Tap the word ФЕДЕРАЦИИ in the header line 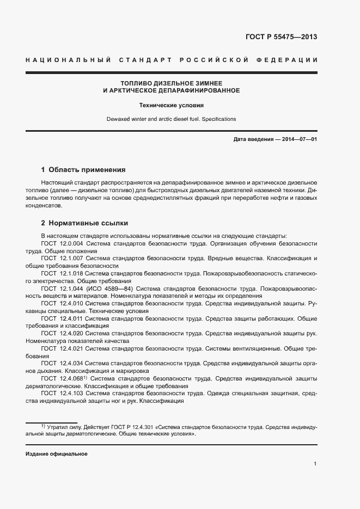pyautogui.click(x=291, y=59)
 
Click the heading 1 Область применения pyautogui.click(x=83, y=169)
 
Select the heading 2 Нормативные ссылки pyautogui.click(x=84, y=223)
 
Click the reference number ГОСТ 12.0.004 pyautogui.click(x=62, y=243)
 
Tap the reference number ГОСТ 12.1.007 pyautogui.click(x=62, y=258)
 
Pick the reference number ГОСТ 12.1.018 pyautogui.click(x=62, y=273)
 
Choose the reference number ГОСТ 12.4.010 pyautogui.click(x=62, y=303)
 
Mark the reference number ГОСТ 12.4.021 pyautogui.click(x=62, y=348)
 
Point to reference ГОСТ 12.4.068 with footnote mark pyautogui.click(x=64, y=378)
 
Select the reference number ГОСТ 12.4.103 pyautogui.click(x=62, y=393)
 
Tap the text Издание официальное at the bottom pyautogui.click(x=57, y=454)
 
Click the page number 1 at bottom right pyautogui.click(x=315, y=464)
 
